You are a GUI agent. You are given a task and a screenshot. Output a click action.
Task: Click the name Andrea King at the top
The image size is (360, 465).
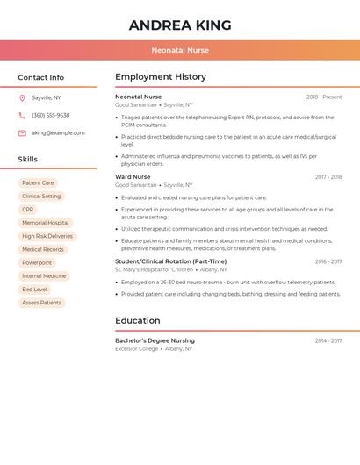click(x=180, y=25)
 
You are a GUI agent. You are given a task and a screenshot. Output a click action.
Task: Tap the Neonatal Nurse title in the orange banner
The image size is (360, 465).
click(x=180, y=50)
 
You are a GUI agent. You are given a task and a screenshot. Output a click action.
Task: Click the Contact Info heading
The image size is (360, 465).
click(x=41, y=77)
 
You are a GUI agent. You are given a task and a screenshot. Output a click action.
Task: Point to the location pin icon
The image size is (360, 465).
click(x=22, y=98)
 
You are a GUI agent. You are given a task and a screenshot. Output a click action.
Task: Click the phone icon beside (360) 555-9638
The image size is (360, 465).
click(x=22, y=116)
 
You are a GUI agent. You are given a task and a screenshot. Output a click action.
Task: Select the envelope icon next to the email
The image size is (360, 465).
click(x=22, y=133)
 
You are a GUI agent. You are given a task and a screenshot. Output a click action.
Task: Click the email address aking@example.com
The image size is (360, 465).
click(x=58, y=133)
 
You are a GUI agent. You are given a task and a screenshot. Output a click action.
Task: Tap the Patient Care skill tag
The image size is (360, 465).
click(x=38, y=183)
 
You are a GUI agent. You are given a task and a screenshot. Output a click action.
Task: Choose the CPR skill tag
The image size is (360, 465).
click(x=28, y=210)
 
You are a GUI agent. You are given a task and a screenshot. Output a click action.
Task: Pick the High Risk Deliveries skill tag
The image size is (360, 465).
click(x=47, y=236)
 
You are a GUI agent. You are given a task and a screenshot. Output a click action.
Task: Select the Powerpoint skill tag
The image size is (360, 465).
click(x=37, y=262)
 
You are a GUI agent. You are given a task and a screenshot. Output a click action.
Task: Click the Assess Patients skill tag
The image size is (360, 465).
click(x=41, y=303)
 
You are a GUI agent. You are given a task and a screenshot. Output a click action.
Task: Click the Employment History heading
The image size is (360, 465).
click(x=161, y=77)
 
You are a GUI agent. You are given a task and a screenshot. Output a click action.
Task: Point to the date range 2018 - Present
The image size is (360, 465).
click(x=324, y=97)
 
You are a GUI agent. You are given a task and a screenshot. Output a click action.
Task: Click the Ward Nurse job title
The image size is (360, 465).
click(x=133, y=177)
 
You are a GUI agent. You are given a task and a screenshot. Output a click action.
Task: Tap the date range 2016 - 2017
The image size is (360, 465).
click(x=328, y=261)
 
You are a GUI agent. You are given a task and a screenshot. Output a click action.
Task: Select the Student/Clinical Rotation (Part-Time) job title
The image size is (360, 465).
click(x=170, y=261)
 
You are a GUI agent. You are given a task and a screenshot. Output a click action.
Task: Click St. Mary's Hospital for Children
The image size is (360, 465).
click(x=154, y=269)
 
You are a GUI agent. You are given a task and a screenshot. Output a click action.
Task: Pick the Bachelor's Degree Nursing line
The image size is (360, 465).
click(x=155, y=340)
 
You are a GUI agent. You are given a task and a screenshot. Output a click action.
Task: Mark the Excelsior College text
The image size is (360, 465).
click(x=137, y=348)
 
